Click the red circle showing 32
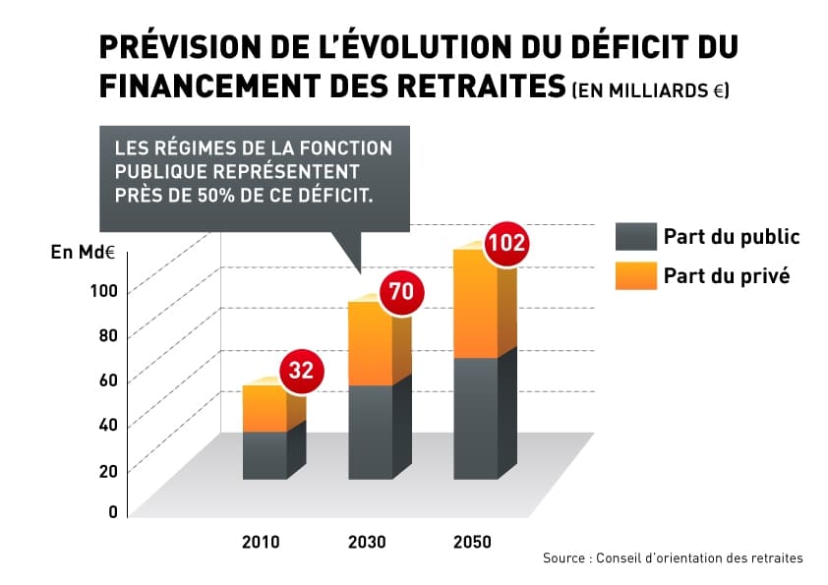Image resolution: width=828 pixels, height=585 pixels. click(x=302, y=371)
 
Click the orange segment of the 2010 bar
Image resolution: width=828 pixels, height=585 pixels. click(x=265, y=408)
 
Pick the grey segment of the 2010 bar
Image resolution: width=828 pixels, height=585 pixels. click(x=265, y=455)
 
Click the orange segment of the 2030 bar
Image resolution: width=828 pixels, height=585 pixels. click(x=370, y=343)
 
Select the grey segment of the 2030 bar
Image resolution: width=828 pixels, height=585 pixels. click(x=370, y=432)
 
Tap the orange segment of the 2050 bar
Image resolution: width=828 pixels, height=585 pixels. click(x=475, y=304)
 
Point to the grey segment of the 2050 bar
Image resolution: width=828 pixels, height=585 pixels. click(x=475, y=418)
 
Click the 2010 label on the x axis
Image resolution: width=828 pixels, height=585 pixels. click(x=261, y=543)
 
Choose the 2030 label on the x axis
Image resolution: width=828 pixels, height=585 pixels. click(x=367, y=543)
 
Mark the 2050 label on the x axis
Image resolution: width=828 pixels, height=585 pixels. click(x=472, y=543)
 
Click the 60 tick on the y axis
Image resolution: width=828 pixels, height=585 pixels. click(x=108, y=380)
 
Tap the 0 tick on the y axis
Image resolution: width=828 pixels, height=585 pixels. click(x=113, y=511)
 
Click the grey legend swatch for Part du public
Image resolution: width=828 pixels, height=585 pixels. click(x=635, y=237)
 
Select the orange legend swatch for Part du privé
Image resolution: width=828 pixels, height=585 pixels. click(x=635, y=275)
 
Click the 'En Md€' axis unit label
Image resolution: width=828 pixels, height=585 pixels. click(x=84, y=252)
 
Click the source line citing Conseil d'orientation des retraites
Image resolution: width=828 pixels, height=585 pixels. click(x=673, y=558)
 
